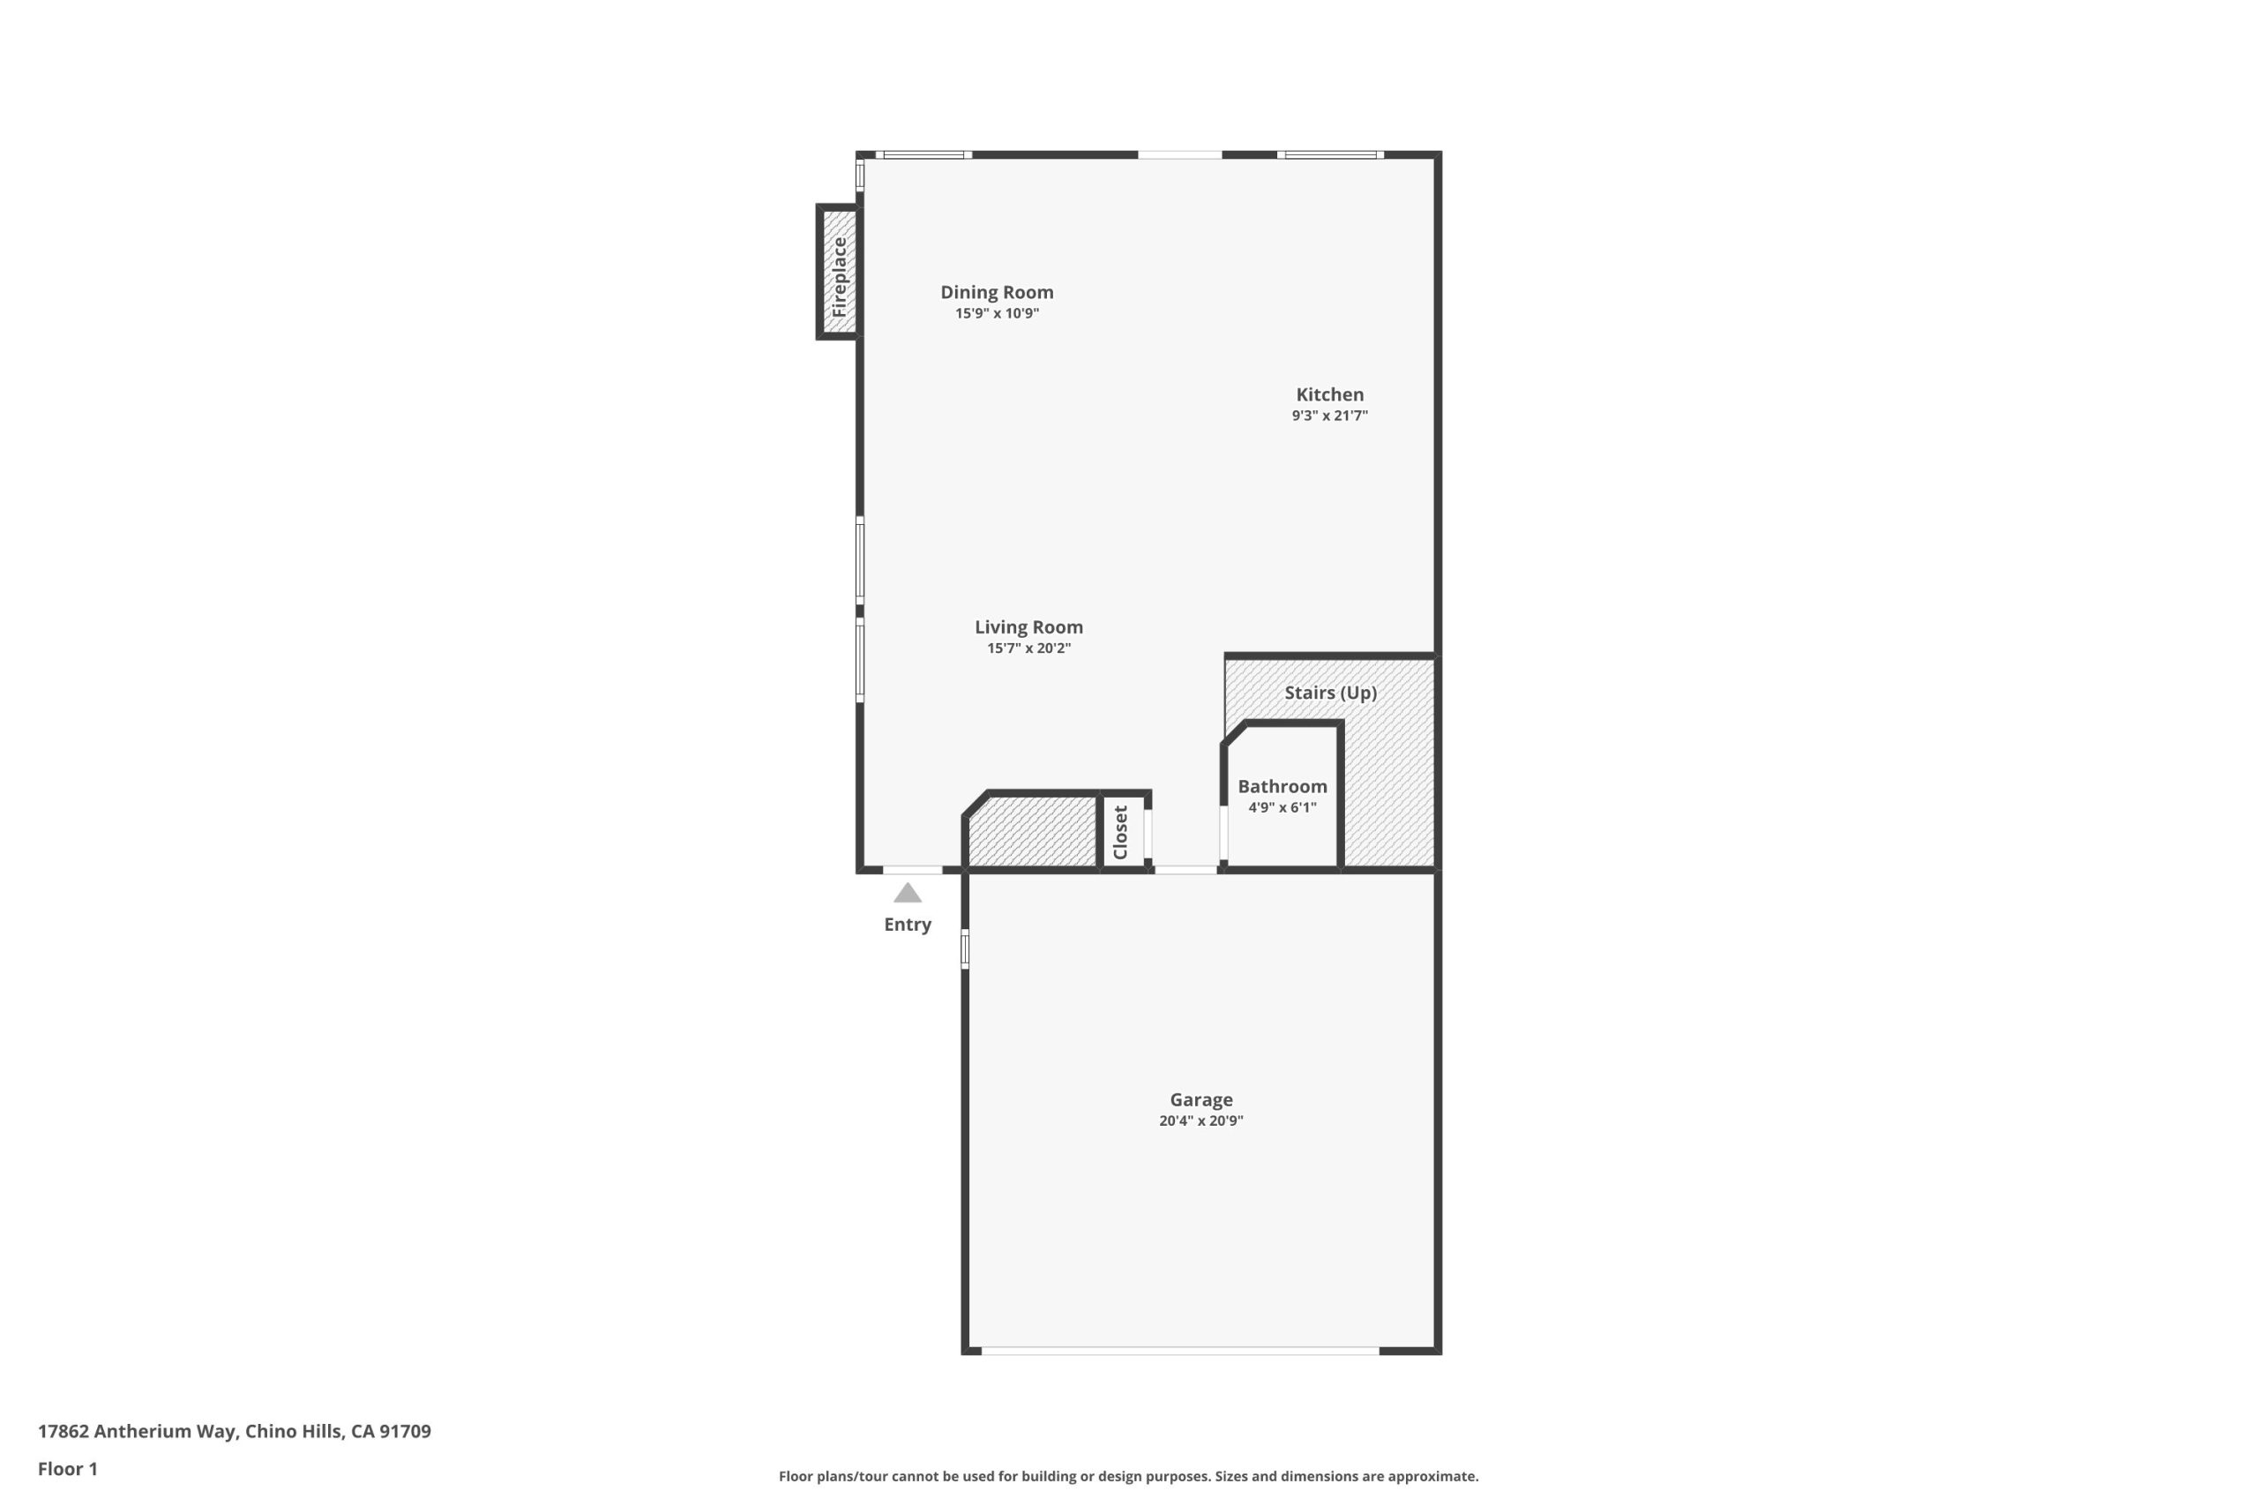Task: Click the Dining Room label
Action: point(997,292)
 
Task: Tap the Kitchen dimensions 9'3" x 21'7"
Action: point(1329,415)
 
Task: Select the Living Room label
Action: point(1028,627)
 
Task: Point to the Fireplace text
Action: point(839,278)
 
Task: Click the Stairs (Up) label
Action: point(1331,693)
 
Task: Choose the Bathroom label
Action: point(1282,786)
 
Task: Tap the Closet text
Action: point(1120,832)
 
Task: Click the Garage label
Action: point(1201,1100)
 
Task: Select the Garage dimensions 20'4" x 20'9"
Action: point(1201,1120)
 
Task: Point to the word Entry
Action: point(908,924)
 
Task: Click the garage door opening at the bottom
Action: point(1180,1351)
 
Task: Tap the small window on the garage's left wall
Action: point(965,948)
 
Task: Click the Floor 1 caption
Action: point(68,1469)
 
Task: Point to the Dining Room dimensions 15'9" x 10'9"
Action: point(997,313)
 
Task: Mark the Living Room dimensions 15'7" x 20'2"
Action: point(1028,648)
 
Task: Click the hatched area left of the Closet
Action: point(1033,832)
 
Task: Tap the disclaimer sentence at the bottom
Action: point(1129,1476)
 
